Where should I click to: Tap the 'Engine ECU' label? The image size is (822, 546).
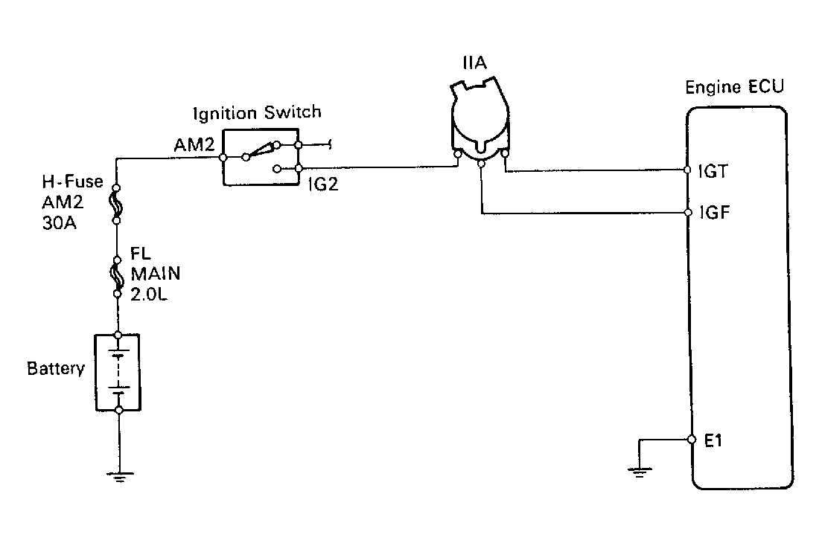734,88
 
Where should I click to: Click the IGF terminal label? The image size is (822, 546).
714,212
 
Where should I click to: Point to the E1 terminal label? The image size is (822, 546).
713,440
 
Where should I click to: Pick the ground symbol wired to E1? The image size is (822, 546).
639,469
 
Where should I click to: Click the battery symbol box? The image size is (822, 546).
118,372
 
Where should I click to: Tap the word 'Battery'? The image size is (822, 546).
55,369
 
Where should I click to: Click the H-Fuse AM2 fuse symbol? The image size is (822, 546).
118,204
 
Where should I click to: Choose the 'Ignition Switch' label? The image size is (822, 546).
257,113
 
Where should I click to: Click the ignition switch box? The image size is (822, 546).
261,156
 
